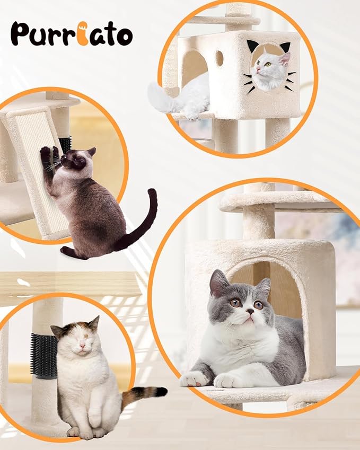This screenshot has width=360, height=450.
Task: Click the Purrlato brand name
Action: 71,34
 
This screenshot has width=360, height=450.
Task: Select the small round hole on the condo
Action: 219,58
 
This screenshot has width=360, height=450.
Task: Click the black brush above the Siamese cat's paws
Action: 65,144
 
